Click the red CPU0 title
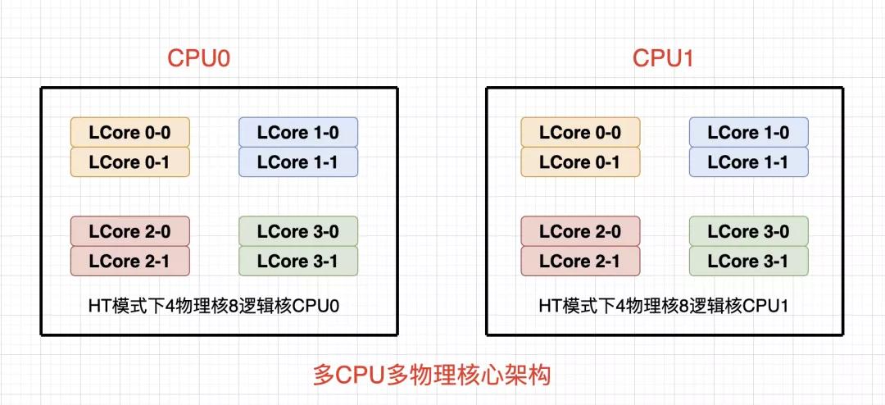point(198,58)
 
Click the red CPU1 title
point(663,58)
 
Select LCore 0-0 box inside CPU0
point(129,132)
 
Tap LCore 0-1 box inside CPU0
point(129,162)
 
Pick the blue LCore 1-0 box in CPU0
point(298,132)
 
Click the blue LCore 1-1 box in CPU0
point(298,162)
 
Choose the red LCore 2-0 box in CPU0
point(129,231)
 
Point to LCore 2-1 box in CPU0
point(129,261)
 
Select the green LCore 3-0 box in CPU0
point(298,231)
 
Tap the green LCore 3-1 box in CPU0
point(298,261)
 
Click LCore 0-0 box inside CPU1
point(580,132)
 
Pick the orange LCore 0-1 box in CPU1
point(580,162)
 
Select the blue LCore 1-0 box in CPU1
point(748,132)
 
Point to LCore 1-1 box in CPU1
point(748,162)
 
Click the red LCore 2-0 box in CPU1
point(580,231)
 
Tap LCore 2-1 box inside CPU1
point(580,261)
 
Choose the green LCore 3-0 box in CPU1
point(748,231)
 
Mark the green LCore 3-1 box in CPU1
point(748,261)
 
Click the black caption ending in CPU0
point(214,306)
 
